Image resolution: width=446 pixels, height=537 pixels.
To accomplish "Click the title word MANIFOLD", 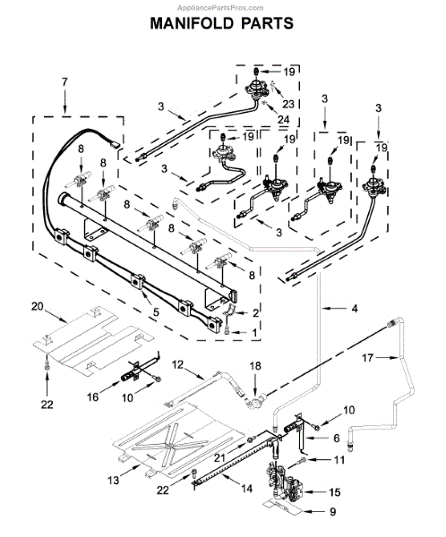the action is (x=192, y=23).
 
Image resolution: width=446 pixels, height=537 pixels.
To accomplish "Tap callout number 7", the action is (x=64, y=82).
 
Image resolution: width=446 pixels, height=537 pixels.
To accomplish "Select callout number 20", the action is (x=38, y=306).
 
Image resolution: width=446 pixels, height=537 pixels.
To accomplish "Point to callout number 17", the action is (x=367, y=358).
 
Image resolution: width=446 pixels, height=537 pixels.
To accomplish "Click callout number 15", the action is (x=335, y=492).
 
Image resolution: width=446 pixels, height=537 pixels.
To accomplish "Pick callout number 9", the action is (x=333, y=512).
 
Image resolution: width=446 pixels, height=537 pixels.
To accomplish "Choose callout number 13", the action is (x=114, y=480).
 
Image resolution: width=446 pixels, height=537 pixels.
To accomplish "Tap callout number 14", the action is (x=246, y=489).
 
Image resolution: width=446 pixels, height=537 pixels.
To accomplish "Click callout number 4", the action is (x=355, y=309).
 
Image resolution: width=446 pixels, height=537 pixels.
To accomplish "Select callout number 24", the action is (x=284, y=120).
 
